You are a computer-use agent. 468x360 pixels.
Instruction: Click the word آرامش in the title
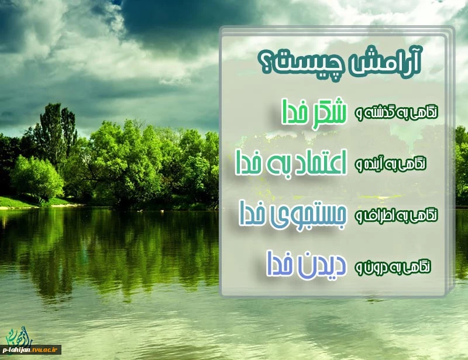[x=386, y=62]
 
